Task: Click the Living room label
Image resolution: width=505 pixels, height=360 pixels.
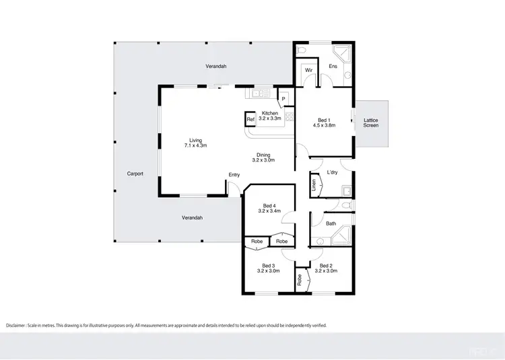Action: [x=197, y=143]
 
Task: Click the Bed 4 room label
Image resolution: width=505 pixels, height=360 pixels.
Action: [x=269, y=208]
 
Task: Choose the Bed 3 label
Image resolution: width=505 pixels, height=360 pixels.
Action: [x=269, y=268]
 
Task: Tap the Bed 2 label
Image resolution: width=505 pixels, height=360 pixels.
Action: [x=325, y=268]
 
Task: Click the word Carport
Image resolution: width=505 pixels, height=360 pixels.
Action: [x=135, y=174]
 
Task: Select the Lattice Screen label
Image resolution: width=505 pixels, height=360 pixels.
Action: [x=371, y=123]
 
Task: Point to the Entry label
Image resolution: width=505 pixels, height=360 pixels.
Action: [x=234, y=175]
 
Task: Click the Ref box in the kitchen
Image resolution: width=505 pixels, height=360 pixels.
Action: [x=250, y=120]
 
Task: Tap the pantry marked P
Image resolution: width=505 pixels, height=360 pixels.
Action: [x=283, y=99]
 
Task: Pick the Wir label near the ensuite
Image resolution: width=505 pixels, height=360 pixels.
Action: [x=308, y=70]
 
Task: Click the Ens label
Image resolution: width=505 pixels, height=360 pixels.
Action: [x=333, y=66]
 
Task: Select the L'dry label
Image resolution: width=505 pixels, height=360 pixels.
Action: [x=332, y=172]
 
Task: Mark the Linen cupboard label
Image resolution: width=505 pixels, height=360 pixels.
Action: [x=314, y=185]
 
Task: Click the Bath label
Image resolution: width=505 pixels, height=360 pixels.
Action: [x=331, y=223]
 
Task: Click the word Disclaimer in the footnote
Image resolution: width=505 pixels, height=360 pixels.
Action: [x=18, y=325]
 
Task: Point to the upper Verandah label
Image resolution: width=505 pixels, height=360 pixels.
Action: [x=215, y=66]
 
